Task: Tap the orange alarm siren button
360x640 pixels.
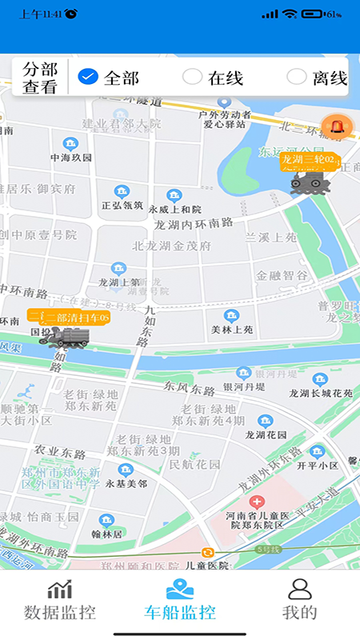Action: coord(336,126)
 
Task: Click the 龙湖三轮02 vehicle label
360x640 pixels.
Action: coord(311,160)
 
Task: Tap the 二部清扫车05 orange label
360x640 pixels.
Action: coord(68,318)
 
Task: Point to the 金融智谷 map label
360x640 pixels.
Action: coord(282,275)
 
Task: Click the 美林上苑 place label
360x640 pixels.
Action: coord(232,329)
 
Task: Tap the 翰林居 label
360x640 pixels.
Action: coord(106,533)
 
